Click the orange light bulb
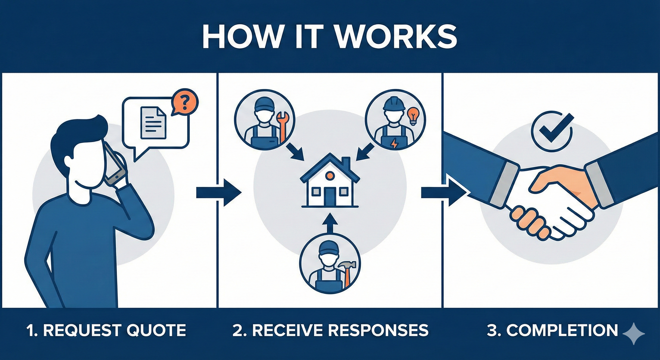(412, 116)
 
